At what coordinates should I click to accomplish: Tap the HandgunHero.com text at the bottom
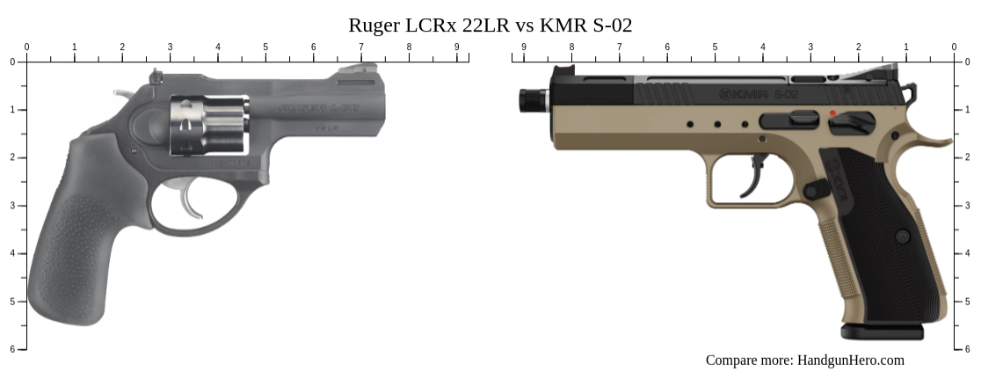(850, 360)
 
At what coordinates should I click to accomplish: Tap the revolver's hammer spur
(124, 92)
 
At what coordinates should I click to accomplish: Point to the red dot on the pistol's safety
(832, 113)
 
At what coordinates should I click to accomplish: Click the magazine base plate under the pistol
(882, 332)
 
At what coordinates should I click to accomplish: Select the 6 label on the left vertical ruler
(12, 349)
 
